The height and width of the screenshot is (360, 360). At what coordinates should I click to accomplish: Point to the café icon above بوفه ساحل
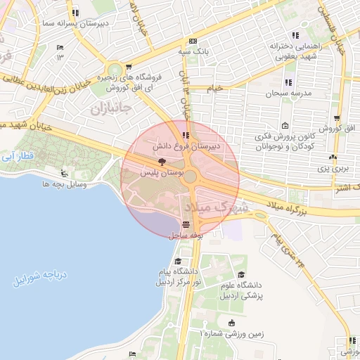(x=186, y=226)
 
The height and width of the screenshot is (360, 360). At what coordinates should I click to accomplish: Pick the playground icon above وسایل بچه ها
(x=65, y=174)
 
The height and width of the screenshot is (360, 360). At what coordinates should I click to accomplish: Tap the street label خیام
(x=214, y=88)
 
